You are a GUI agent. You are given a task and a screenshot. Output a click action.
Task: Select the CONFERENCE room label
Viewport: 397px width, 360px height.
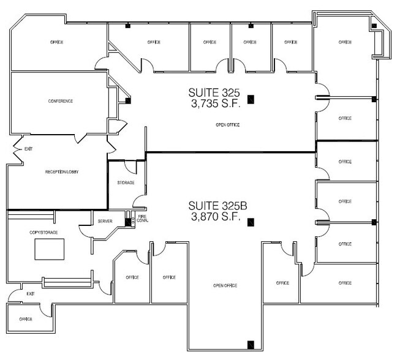click(x=61, y=101)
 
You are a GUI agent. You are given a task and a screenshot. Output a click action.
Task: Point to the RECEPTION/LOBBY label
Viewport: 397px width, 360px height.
click(x=62, y=172)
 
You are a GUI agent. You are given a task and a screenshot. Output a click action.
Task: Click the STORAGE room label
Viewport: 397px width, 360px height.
click(x=126, y=183)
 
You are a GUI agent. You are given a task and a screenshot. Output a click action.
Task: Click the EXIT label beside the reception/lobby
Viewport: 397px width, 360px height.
click(x=28, y=149)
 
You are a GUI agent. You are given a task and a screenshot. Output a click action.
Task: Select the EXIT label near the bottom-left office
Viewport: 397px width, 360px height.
click(x=31, y=294)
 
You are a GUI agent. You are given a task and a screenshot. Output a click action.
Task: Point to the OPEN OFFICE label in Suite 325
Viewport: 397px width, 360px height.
click(x=227, y=125)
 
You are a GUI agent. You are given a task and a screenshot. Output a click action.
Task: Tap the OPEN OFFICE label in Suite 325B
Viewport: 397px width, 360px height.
click(x=225, y=286)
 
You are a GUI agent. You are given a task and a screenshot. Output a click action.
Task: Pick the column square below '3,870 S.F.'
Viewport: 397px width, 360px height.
click(x=249, y=223)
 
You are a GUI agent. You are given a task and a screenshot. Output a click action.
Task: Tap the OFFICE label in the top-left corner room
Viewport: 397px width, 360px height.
click(x=56, y=42)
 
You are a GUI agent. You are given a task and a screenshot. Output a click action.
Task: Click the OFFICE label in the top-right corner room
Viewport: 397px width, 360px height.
click(x=344, y=42)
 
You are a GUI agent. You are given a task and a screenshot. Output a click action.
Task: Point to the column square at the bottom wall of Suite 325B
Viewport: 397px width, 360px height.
click(x=249, y=344)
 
